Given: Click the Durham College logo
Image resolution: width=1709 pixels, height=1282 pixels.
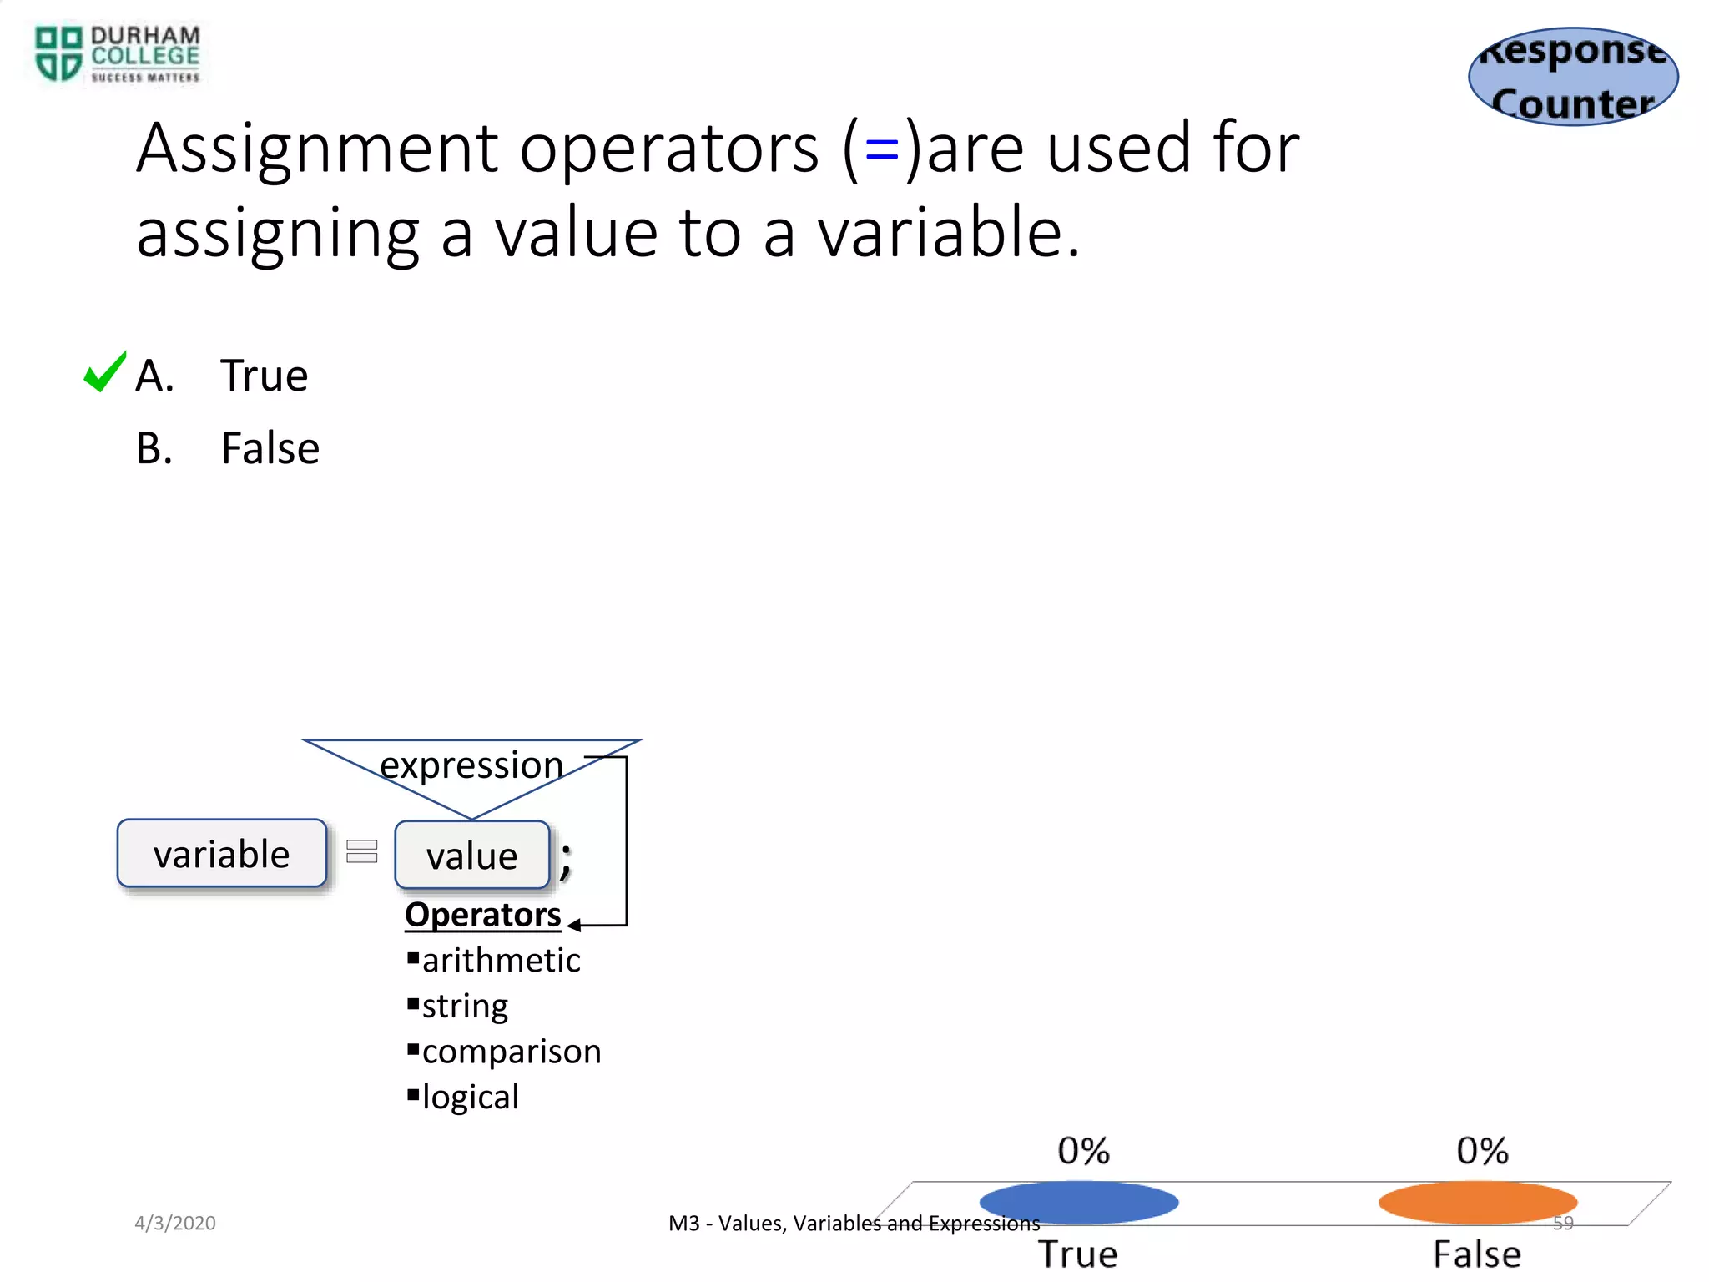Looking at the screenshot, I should point(117,54).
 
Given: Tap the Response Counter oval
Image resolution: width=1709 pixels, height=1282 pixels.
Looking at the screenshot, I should point(1573,77).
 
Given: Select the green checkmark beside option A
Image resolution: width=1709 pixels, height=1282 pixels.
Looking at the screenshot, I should point(105,372).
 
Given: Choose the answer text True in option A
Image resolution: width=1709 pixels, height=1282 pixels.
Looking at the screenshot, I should point(264,376).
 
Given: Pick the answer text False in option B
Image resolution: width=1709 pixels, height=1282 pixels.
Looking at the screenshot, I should point(270,448).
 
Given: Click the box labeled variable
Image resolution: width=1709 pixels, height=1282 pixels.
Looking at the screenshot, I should point(222,854).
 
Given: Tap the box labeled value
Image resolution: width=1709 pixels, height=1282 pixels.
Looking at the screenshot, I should point(472,856).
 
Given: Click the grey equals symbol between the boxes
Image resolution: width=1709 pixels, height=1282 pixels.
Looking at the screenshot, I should point(362,851).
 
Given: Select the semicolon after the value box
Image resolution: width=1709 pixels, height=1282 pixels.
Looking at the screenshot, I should point(566,860).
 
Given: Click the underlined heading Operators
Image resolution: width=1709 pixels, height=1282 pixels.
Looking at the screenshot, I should point(482,915).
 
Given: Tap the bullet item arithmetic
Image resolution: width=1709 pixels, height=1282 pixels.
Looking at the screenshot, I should point(501,961).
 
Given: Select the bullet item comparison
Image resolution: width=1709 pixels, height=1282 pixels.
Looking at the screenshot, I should point(511,1052).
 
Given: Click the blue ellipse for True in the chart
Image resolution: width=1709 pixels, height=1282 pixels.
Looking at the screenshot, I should point(1078,1203).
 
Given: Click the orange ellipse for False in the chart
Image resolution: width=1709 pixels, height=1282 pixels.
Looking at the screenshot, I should point(1478,1203).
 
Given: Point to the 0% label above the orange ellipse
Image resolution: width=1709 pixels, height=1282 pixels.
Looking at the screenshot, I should point(1482,1151).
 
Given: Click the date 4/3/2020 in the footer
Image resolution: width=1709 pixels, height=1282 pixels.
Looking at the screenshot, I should point(175,1223).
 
